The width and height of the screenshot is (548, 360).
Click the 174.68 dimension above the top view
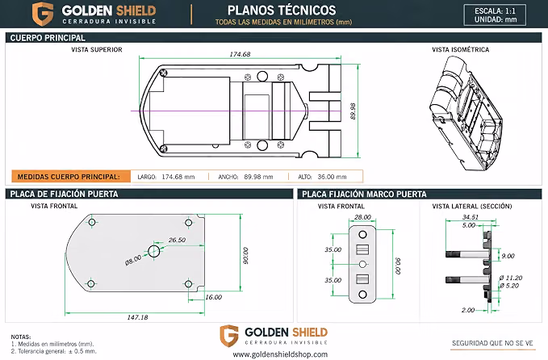coord(240,54)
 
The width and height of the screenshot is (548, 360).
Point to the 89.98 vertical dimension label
coord(353,111)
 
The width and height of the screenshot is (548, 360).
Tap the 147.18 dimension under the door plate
coord(137,317)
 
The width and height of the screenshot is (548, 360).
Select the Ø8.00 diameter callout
coord(133,260)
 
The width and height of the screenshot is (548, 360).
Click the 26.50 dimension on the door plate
coord(177,240)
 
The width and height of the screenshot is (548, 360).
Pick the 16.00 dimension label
coord(213,297)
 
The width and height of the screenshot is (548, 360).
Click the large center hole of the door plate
coord(154,251)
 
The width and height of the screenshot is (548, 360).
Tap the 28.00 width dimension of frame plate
coord(362,217)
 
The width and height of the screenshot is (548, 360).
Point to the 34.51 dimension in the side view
coord(470,217)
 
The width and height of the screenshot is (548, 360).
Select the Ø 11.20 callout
coord(511,278)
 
